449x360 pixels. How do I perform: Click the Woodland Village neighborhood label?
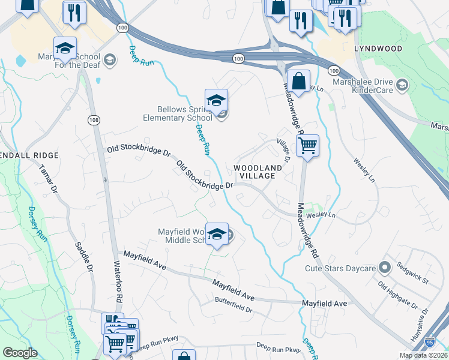[x=257, y=172]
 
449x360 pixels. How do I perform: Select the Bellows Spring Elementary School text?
[x=185, y=113]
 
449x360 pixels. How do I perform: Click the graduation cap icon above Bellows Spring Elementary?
[x=216, y=100]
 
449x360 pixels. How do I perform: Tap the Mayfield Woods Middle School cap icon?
[x=217, y=234]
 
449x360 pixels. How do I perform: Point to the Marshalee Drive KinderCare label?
[x=363, y=86]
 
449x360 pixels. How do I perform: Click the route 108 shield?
[x=93, y=120]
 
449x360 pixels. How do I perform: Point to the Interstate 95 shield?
[x=430, y=342]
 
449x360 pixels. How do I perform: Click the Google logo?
[x=20, y=353]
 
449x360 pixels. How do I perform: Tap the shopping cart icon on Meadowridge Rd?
[x=307, y=145]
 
